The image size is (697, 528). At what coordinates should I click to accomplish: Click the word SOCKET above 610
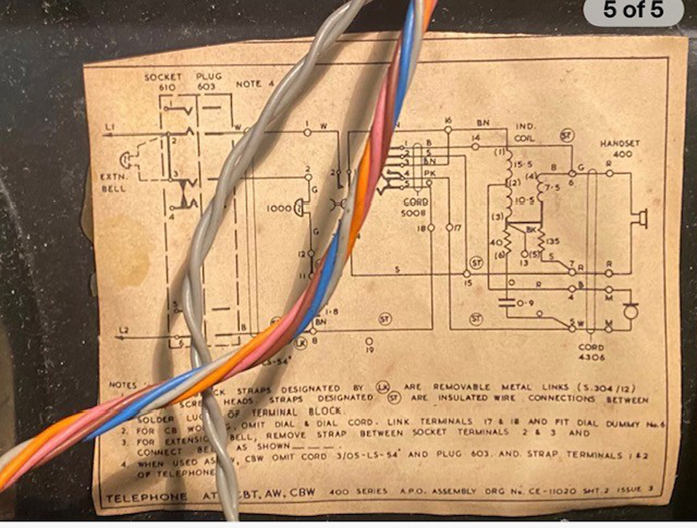click(x=163, y=77)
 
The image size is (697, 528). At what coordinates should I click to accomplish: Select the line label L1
click(x=108, y=127)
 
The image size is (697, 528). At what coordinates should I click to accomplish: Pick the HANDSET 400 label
click(x=616, y=149)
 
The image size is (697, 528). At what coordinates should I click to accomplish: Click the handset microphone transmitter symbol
click(x=630, y=311)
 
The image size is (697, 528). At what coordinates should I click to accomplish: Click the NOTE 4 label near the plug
click(x=249, y=84)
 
